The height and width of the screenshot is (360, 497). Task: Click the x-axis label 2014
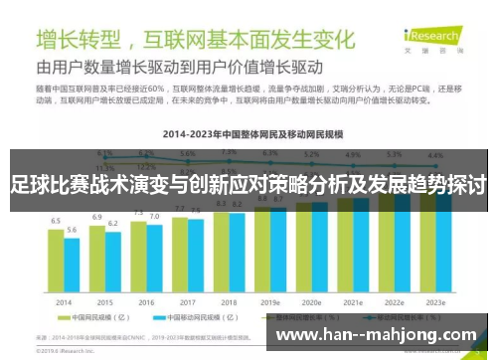[x=64, y=301]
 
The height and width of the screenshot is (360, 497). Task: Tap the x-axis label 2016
[x=146, y=301]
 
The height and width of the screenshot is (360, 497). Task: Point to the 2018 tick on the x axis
[x=230, y=301]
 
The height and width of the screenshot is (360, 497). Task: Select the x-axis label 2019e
[x=270, y=301]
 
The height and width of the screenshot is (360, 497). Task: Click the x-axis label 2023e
[x=436, y=301]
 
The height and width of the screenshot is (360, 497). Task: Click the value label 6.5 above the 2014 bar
[x=56, y=220]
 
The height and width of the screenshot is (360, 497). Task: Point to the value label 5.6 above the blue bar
[x=72, y=230]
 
